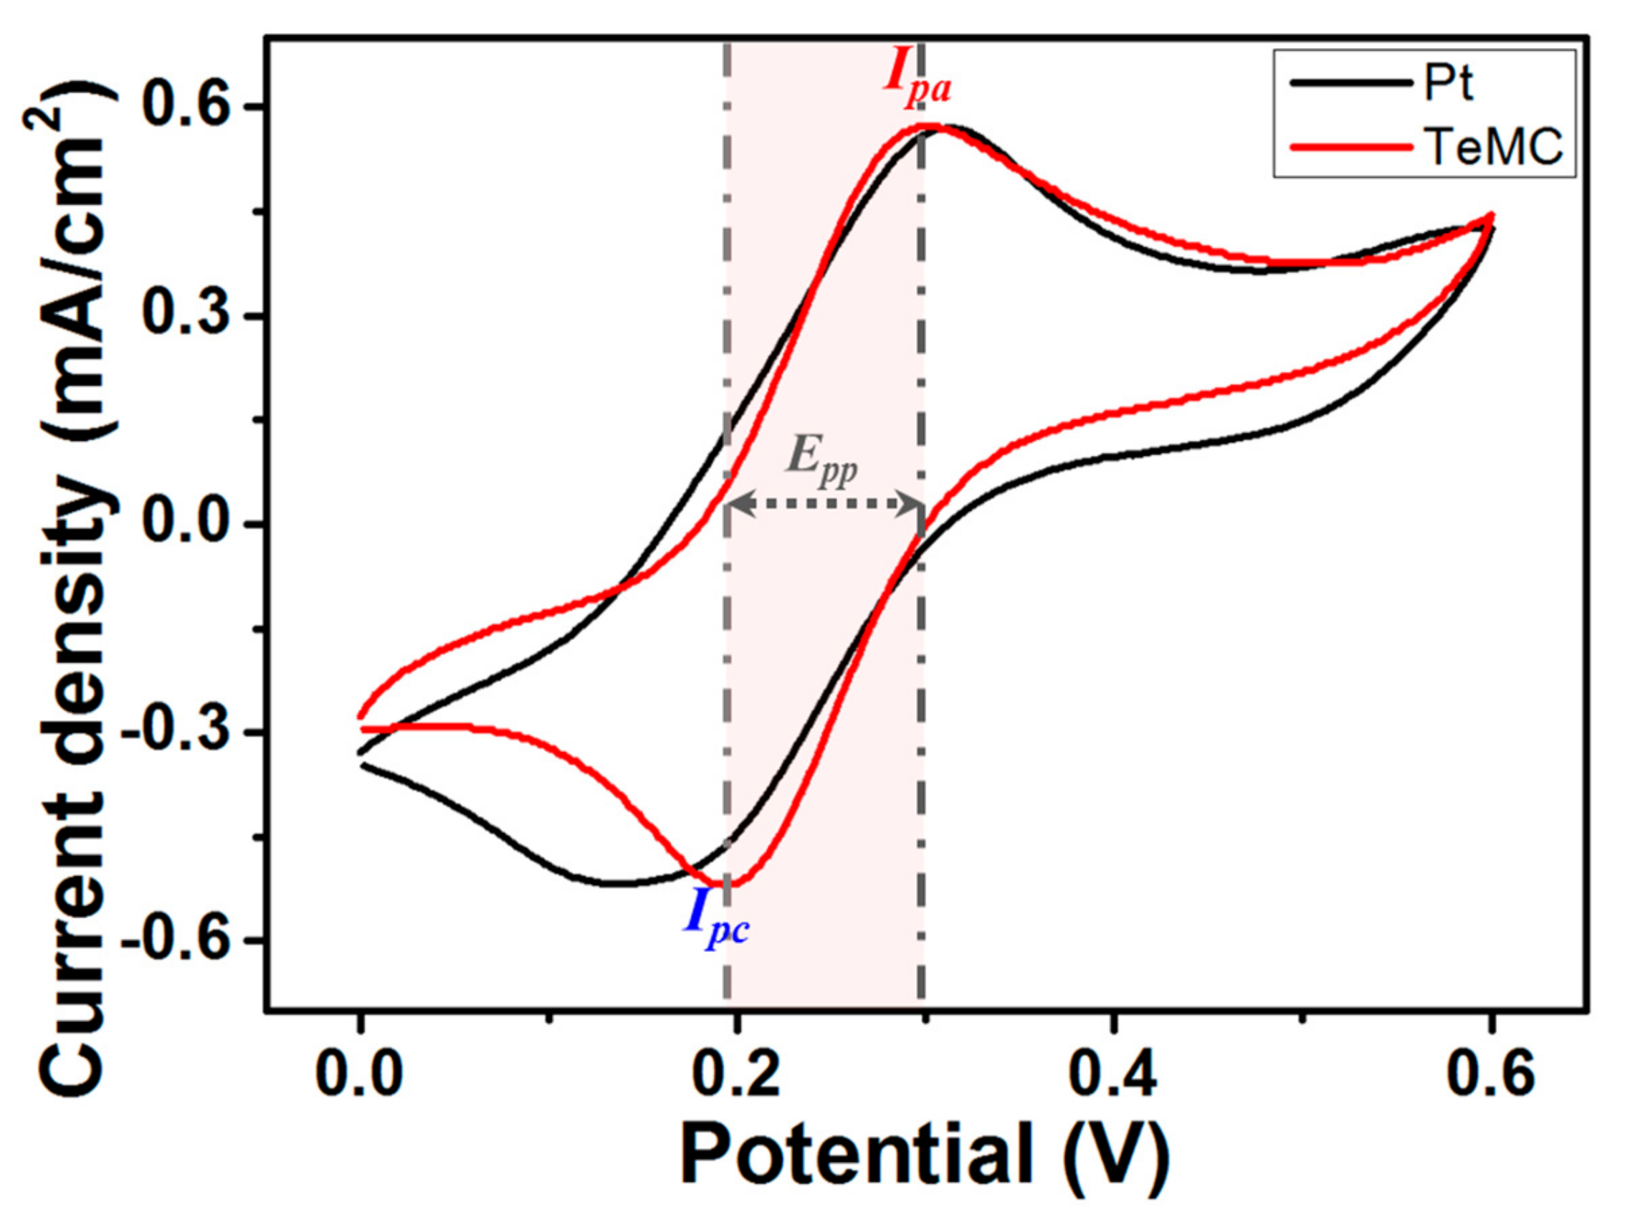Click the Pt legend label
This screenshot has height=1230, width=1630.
[1448, 85]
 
